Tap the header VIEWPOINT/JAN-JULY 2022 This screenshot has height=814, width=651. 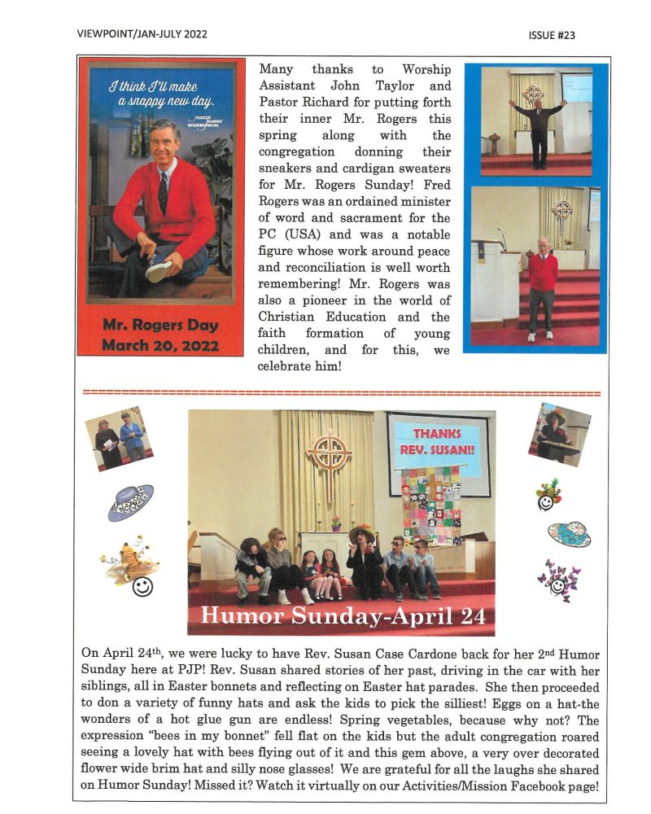pyautogui.click(x=142, y=34)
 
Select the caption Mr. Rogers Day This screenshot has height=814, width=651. pyautogui.click(x=160, y=326)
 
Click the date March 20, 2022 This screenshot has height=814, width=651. pyautogui.click(x=160, y=344)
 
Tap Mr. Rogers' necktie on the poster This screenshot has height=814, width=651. pyautogui.click(x=164, y=190)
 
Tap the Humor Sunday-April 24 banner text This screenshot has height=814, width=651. pyautogui.click(x=342, y=615)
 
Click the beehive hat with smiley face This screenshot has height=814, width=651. pyautogui.click(x=129, y=563)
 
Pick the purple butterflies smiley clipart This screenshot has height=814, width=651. pyautogui.click(x=559, y=580)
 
